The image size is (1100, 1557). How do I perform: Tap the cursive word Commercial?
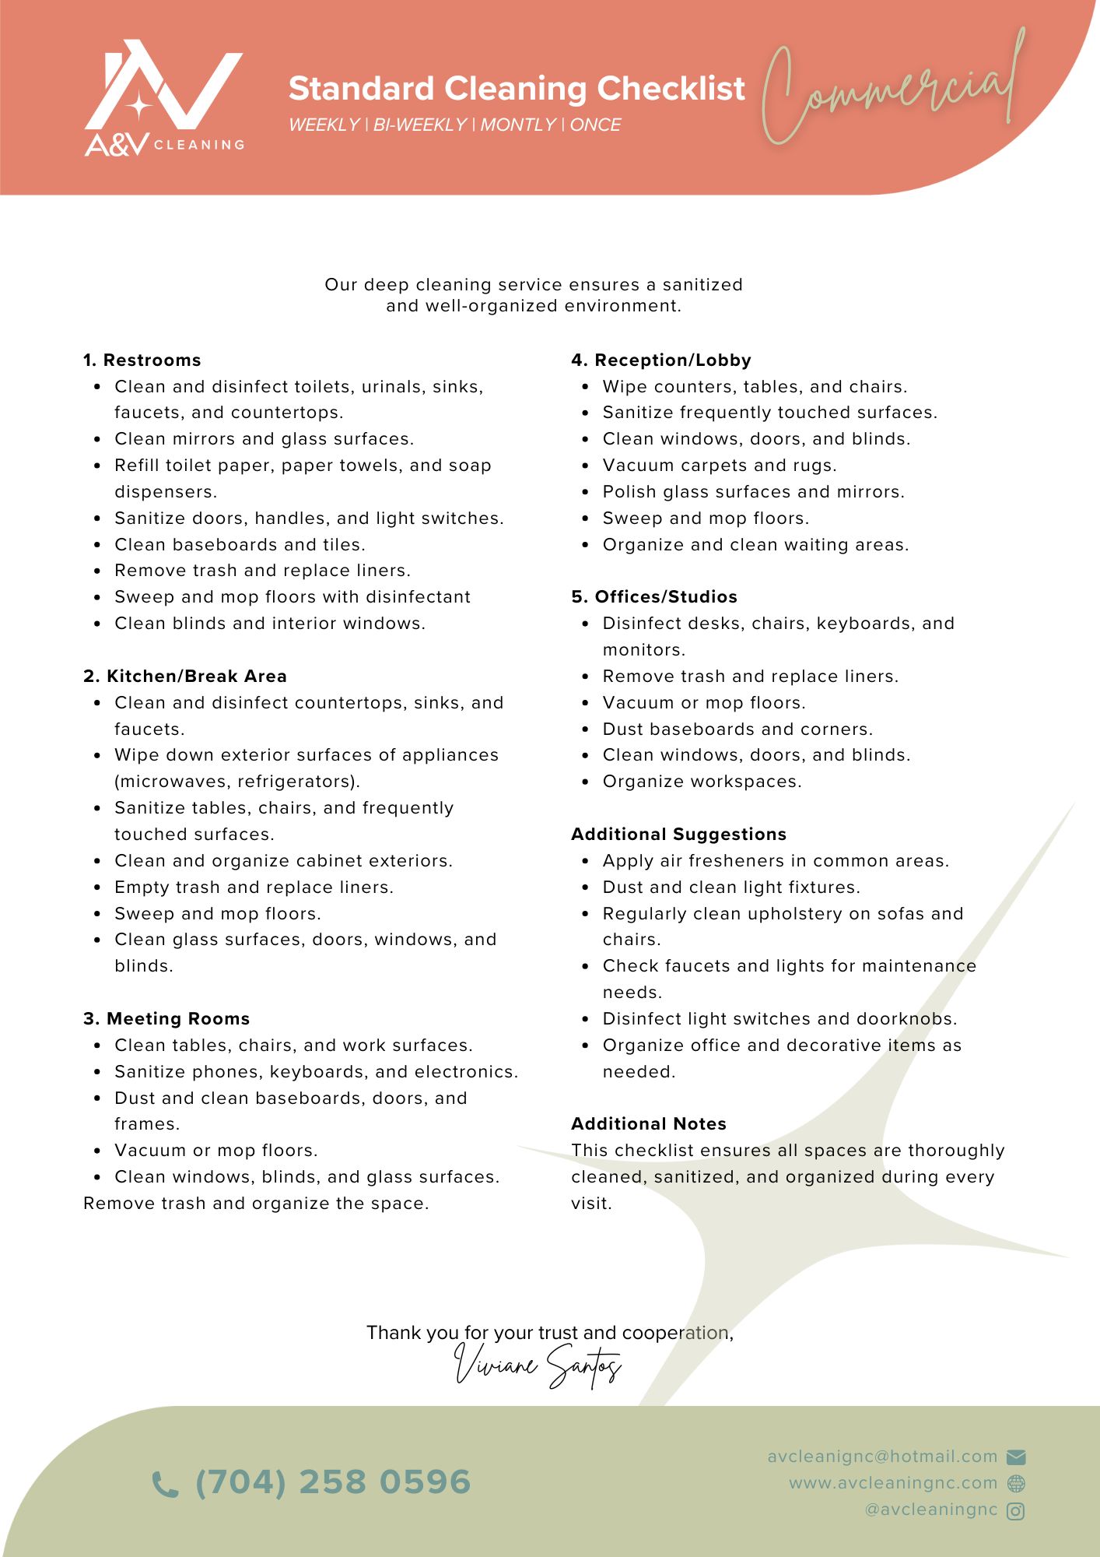(891, 90)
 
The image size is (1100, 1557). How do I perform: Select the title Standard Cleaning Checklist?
(517, 89)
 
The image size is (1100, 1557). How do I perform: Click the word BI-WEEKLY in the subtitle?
(420, 125)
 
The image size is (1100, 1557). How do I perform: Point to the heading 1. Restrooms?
(142, 360)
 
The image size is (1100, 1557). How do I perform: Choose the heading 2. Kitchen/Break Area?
(185, 677)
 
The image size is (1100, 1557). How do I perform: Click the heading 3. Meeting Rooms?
(166, 1019)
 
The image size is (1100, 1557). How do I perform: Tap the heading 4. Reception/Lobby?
(661, 360)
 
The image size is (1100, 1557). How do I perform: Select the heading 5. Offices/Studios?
(654, 597)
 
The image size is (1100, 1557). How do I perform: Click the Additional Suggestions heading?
(678, 835)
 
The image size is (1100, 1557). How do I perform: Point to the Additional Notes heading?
(649, 1124)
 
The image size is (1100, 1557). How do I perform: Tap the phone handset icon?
(164, 1484)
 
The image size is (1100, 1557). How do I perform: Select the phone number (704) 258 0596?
(333, 1482)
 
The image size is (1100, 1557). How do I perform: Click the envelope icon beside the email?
(1016, 1457)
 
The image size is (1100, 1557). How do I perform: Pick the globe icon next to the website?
(1016, 1484)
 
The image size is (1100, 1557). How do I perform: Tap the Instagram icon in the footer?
(1016, 1511)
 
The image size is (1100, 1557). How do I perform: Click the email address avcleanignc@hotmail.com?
(882, 1457)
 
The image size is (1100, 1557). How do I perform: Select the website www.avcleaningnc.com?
(893, 1484)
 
